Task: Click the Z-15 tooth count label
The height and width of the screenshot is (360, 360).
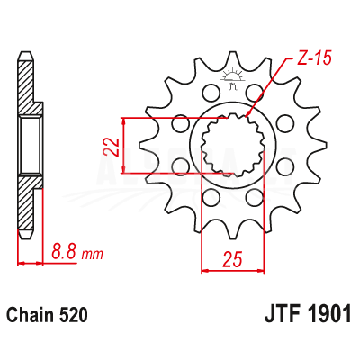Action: click(x=314, y=58)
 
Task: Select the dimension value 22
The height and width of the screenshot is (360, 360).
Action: click(x=112, y=147)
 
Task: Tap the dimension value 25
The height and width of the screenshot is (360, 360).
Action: click(x=232, y=259)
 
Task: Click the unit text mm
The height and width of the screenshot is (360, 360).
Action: click(x=93, y=254)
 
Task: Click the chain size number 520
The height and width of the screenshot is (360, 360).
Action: click(x=74, y=315)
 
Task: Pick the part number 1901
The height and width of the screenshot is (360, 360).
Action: click(x=330, y=314)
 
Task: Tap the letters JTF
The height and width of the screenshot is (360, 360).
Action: click(x=283, y=314)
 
